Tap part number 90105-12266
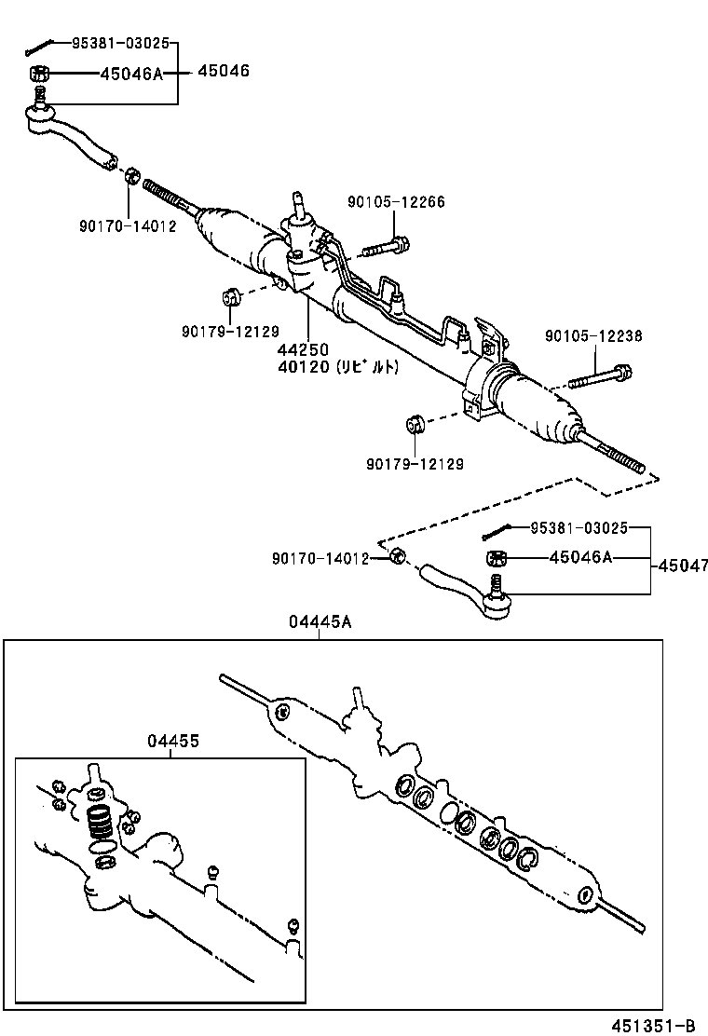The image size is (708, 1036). pyautogui.click(x=396, y=202)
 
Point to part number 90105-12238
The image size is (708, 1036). pyautogui.click(x=593, y=336)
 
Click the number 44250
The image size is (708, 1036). pyautogui.click(x=301, y=350)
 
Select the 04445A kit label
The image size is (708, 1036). pyautogui.click(x=320, y=623)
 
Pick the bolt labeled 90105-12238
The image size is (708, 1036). pyautogui.click(x=600, y=378)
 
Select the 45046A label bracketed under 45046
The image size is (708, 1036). pyautogui.click(x=131, y=73)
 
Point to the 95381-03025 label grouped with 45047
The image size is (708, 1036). pyautogui.click(x=579, y=527)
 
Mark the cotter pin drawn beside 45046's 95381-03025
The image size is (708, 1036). pyautogui.click(x=38, y=46)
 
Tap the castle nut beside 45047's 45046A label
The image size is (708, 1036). pyautogui.click(x=497, y=558)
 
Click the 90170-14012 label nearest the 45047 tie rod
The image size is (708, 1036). pyautogui.click(x=320, y=558)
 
